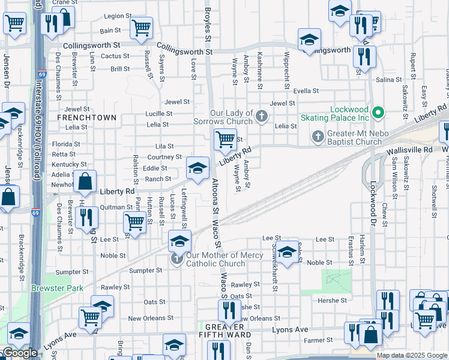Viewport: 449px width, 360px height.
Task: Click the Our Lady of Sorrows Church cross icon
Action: (x=261, y=115)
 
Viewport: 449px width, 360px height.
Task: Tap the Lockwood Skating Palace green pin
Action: (x=378, y=112)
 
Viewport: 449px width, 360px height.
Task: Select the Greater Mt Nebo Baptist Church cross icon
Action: (x=319, y=137)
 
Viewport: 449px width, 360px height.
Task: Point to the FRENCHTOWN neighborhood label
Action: (x=86, y=118)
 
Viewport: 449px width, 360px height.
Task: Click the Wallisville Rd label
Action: (x=410, y=149)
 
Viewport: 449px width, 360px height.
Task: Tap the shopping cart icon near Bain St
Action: (x=141, y=27)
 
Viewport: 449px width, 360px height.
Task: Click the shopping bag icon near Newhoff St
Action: (x=86, y=181)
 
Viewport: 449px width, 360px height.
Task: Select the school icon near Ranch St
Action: (x=197, y=167)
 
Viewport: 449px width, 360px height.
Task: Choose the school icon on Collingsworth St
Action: (x=309, y=40)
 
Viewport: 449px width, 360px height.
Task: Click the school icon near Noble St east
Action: (x=288, y=252)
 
